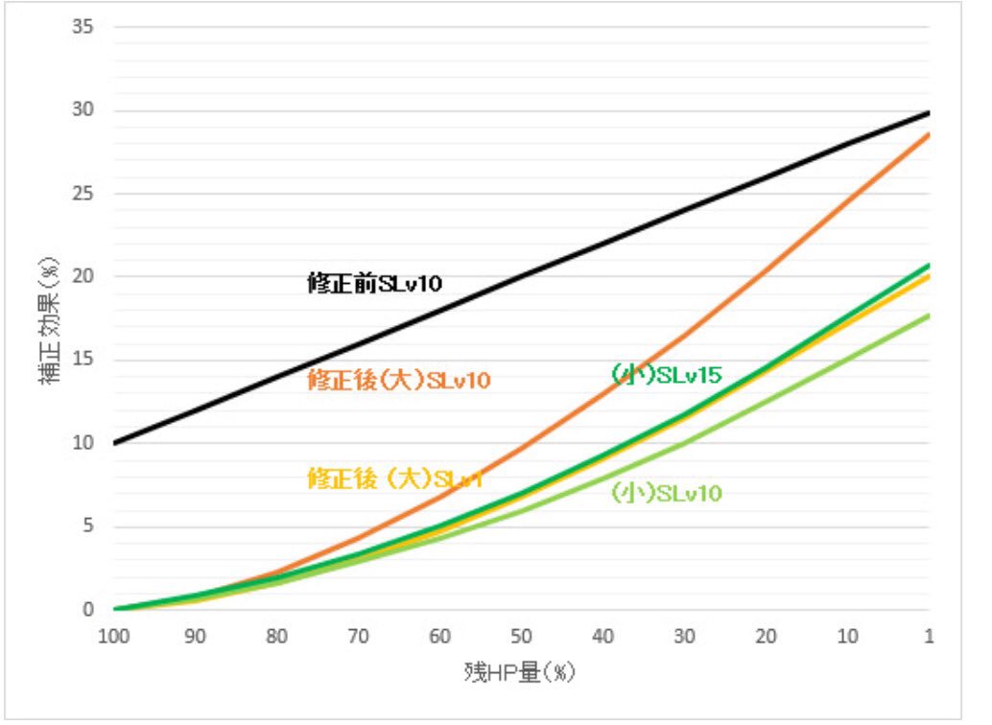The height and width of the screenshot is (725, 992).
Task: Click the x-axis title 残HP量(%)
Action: [x=519, y=672]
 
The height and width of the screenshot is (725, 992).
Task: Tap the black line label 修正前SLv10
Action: [x=374, y=284]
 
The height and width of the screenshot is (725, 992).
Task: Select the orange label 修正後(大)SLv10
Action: [x=399, y=381]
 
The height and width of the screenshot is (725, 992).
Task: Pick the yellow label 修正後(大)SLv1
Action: [x=394, y=479]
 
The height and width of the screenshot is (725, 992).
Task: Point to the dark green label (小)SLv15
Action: [x=666, y=375]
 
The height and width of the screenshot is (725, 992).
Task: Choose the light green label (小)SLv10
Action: [x=666, y=494]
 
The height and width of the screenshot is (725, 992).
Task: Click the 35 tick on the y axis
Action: [x=83, y=27]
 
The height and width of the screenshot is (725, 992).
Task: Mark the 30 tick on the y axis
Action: [x=83, y=110]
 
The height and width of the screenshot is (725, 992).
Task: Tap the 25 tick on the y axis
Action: [x=83, y=194]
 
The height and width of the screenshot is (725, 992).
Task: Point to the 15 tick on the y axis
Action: [x=83, y=361]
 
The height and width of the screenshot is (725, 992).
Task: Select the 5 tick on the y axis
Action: [x=87, y=526]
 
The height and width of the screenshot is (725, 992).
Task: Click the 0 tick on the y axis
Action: [x=87, y=610]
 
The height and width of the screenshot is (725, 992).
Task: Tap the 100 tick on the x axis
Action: [x=114, y=637]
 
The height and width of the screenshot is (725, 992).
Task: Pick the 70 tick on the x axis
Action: [x=359, y=637]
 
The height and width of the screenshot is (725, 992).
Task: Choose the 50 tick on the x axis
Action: [x=521, y=637]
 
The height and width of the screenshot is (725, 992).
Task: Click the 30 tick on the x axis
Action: [x=684, y=637]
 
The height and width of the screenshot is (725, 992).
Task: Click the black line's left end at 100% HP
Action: [x=115, y=443]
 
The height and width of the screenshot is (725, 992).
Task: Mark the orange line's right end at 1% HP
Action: [x=928, y=135]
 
